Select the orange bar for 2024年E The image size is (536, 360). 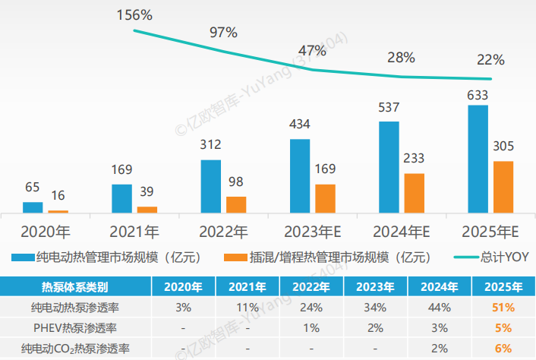click(x=414, y=194)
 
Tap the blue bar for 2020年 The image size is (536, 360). click(x=33, y=207)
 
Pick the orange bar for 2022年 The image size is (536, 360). click(x=236, y=204)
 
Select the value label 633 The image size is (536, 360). click(x=478, y=95)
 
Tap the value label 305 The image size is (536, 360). click(x=504, y=146)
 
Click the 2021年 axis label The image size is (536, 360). click(x=134, y=232)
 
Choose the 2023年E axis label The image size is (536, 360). click(x=313, y=232)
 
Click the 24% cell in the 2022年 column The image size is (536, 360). click(x=311, y=308)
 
